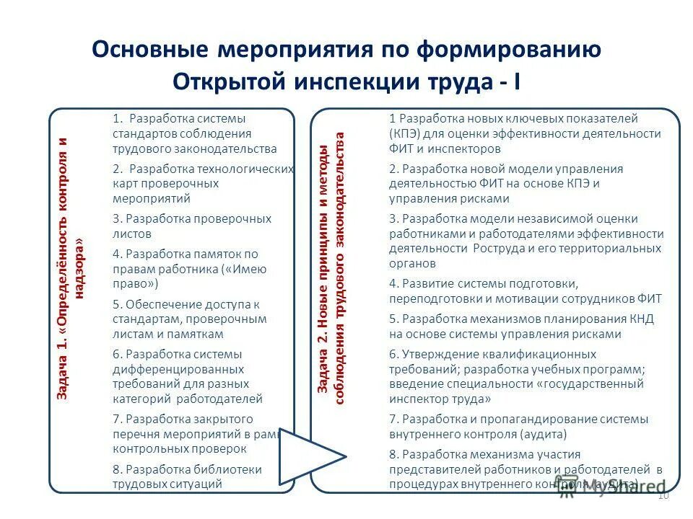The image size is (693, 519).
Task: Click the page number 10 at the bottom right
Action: point(665,497)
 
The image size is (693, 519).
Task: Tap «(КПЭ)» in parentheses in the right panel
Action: point(406,133)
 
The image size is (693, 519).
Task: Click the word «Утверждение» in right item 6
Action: point(435,354)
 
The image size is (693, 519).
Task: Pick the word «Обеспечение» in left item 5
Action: point(158,303)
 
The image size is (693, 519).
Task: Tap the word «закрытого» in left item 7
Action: point(223,419)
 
